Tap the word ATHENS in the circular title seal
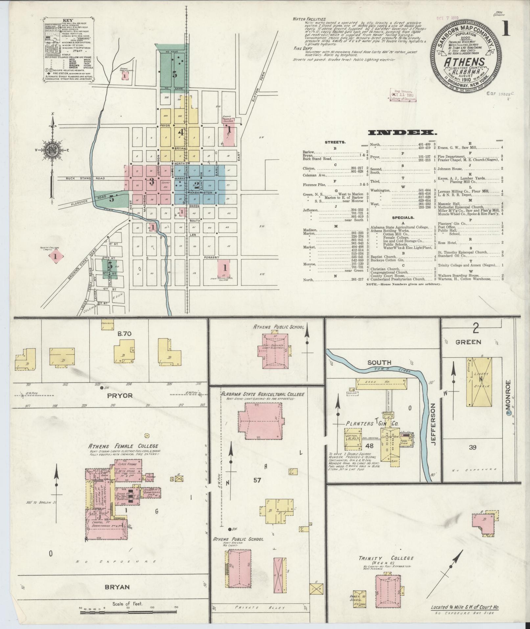(x=465, y=61)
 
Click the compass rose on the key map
(x=52, y=150)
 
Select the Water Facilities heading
(x=309, y=19)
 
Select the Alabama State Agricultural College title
(x=262, y=394)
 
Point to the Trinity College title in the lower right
(x=386, y=558)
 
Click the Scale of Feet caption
(x=129, y=604)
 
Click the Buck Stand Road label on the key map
(x=85, y=178)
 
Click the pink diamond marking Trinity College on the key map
(x=56, y=256)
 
